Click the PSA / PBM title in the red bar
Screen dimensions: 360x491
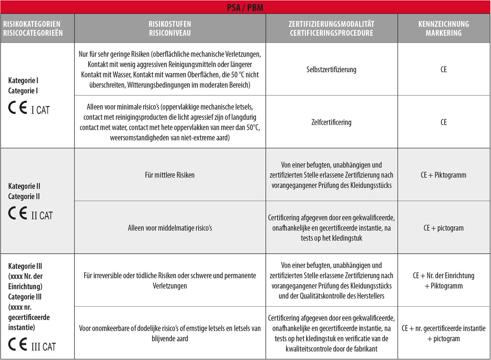pyautogui.click(x=245, y=7)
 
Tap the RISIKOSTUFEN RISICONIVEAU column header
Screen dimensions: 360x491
pyautogui.click(x=170, y=29)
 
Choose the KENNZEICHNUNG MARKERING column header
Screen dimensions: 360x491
pyautogui.click(x=444, y=29)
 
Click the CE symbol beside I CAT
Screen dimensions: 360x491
pyautogui.click(x=18, y=108)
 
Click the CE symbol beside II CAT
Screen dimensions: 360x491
pyautogui.click(x=18, y=213)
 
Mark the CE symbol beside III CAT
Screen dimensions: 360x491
pyautogui.click(x=18, y=344)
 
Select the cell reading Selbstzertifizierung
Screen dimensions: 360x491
pyautogui.click(x=331, y=70)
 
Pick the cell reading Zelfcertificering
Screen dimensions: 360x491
pyautogui.click(x=331, y=122)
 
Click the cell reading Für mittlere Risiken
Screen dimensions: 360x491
pyautogui.click(x=170, y=175)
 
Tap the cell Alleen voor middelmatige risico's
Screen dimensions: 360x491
pyautogui.click(x=170, y=228)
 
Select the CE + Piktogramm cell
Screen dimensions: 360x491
pyautogui.click(x=444, y=175)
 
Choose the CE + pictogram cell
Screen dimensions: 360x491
pyautogui.click(x=444, y=228)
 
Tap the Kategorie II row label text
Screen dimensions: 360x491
pyautogui.click(x=24, y=186)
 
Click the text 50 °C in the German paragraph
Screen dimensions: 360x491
pyautogui.click(x=239, y=75)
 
